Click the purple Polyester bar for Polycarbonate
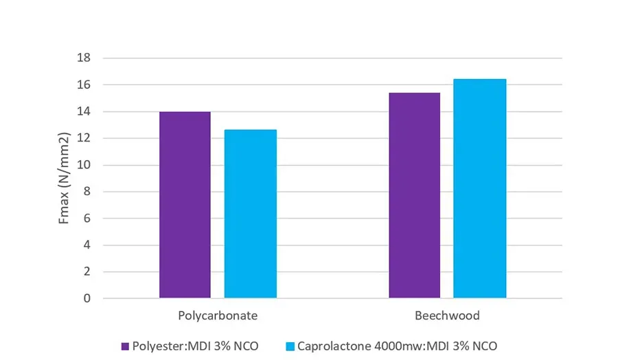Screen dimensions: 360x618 (x=185, y=205)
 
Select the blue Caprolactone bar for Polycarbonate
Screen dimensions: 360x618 (x=250, y=214)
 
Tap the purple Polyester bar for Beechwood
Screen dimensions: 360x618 (x=414, y=195)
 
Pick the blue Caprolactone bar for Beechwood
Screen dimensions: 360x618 (x=479, y=188)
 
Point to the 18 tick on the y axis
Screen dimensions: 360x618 (x=84, y=58)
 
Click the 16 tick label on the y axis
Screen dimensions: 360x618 (x=84, y=85)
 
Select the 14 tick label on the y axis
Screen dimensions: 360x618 (x=84, y=112)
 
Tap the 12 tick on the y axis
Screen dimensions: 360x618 (x=84, y=139)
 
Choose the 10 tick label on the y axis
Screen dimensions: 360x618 (x=84, y=166)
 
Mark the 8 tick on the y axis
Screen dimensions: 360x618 (x=87, y=192)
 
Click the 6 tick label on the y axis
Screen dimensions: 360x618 (x=87, y=219)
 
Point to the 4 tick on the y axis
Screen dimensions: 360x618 (x=87, y=245)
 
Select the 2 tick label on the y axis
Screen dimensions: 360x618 (x=87, y=272)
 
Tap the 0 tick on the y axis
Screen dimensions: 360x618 (x=87, y=299)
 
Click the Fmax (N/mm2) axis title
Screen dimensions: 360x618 (x=65, y=179)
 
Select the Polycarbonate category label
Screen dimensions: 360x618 (x=218, y=317)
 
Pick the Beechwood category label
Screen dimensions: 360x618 (x=447, y=317)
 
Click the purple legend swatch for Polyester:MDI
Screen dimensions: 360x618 (x=125, y=346)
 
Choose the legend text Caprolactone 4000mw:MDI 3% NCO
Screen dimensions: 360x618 (x=397, y=346)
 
